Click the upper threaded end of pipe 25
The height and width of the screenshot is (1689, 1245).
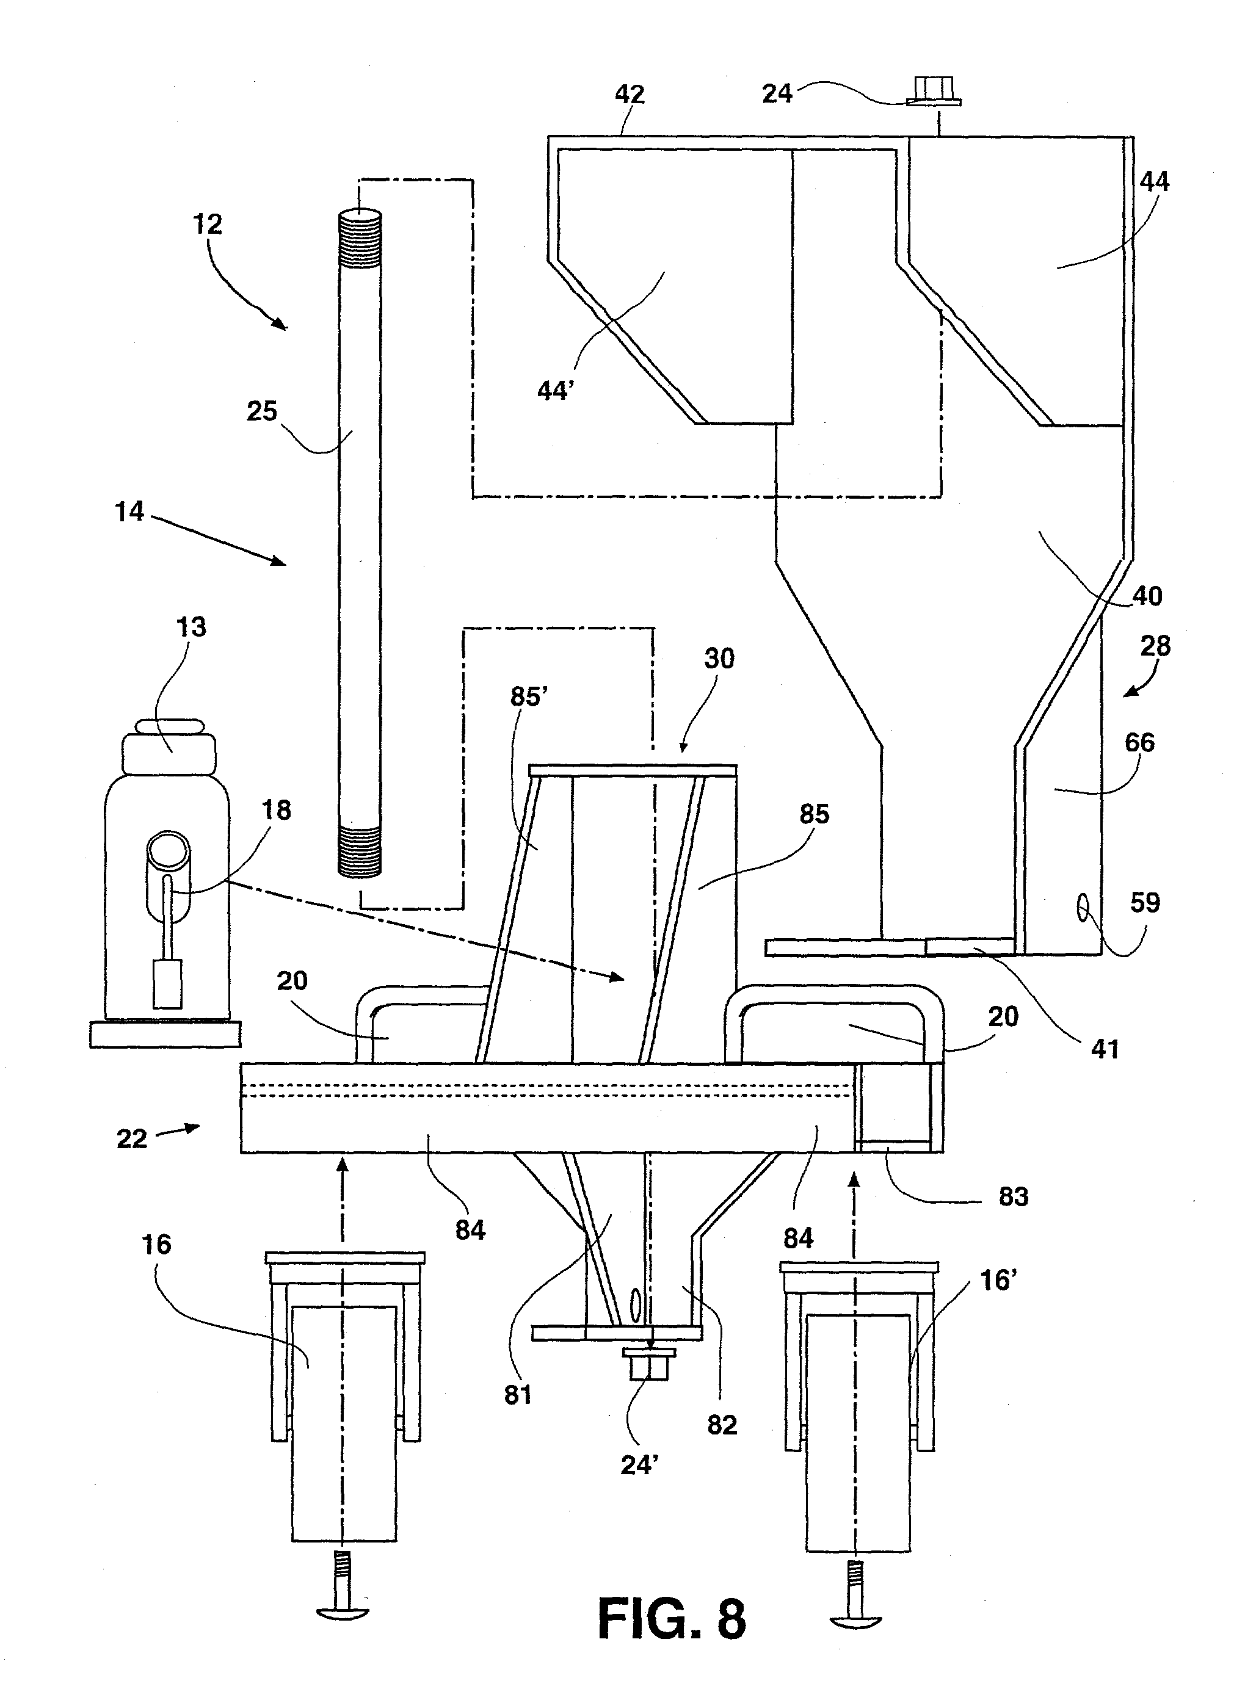point(360,239)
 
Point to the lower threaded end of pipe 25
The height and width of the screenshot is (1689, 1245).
point(360,852)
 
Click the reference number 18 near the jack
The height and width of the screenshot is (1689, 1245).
point(276,810)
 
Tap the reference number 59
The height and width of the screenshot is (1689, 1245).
point(1145,903)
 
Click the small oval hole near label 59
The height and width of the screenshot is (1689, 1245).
point(1084,908)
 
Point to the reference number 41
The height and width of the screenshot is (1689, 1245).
point(1105,1049)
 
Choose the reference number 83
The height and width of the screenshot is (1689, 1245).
point(1013,1196)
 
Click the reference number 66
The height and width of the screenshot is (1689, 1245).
point(1139,743)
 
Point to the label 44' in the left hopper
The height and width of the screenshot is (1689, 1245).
point(556,391)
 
